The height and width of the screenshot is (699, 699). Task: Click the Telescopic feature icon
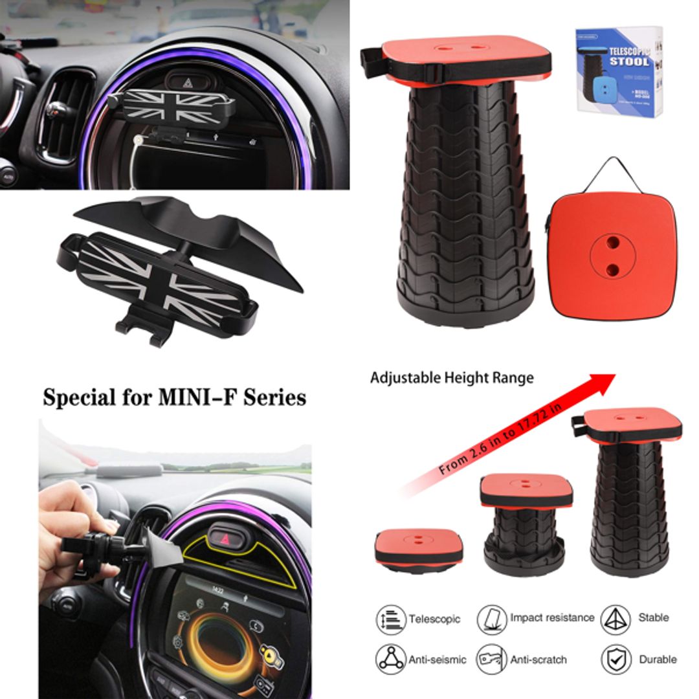click(391, 619)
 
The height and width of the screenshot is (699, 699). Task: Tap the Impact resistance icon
click(492, 619)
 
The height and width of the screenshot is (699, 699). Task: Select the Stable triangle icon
click(616, 619)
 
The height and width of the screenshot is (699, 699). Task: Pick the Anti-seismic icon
click(391, 660)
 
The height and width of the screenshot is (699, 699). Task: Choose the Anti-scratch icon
click(492, 660)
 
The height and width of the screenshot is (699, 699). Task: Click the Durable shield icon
click(616, 660)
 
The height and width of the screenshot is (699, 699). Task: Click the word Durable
click(658, 660)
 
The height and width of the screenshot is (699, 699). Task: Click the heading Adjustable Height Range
click(452, 377)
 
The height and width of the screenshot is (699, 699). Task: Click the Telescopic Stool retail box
click(619, 71)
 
